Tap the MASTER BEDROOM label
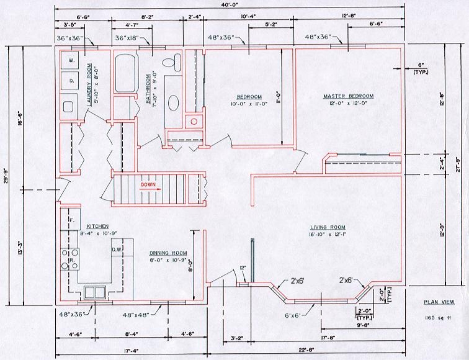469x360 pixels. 348,96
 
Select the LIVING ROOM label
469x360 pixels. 328,227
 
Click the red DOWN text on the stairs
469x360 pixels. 148,185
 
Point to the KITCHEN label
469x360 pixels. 98,226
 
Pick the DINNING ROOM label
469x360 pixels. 168,253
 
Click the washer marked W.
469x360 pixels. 71,61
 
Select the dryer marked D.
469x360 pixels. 71,81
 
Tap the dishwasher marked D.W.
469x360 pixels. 116,250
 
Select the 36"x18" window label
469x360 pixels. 130,38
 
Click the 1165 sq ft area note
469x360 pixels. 439,317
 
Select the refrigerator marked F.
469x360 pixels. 72,220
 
